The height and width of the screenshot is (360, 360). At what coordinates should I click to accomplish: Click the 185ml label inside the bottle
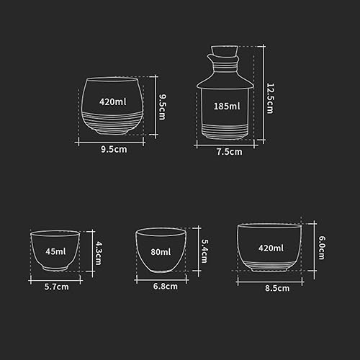(227, 106)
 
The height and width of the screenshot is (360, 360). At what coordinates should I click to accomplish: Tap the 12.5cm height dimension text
(271, 99)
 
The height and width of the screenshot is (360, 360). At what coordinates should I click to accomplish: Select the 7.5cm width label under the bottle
(230, 152)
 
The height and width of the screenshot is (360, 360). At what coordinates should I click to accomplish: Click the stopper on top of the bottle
(225, 52)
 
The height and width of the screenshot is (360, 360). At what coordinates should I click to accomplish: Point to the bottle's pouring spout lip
(209, 57)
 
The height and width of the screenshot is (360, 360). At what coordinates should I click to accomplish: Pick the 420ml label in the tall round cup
(113, 102)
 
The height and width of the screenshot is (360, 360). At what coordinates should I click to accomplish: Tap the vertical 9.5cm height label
(163, 107)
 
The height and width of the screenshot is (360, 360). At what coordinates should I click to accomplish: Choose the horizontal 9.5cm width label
(114, 149)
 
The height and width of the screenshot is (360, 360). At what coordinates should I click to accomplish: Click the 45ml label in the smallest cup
(55, 251)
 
